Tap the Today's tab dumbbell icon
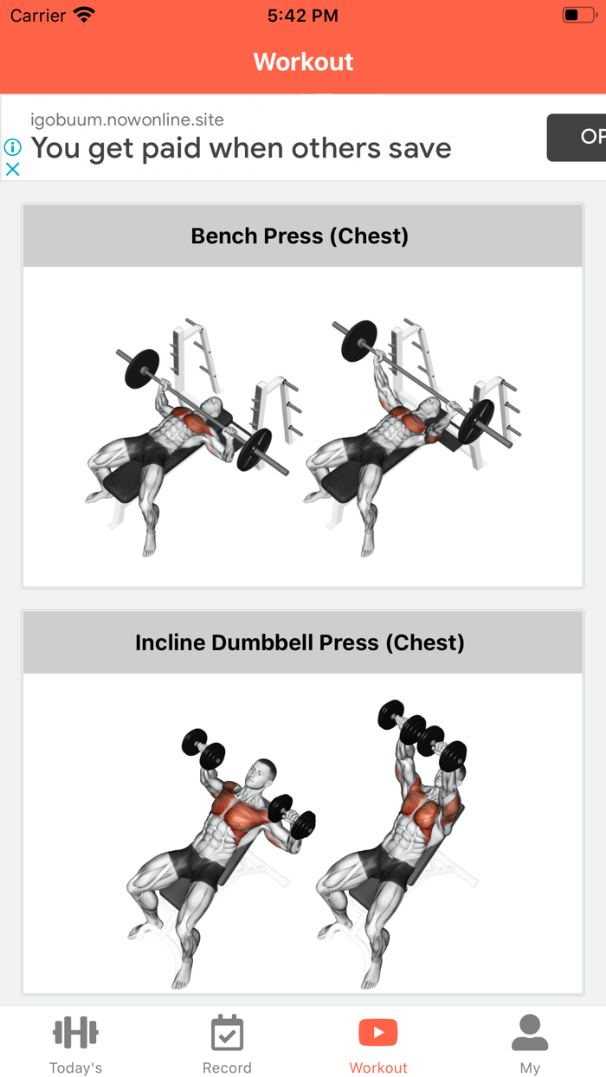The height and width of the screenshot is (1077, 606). (x=75, y=1032)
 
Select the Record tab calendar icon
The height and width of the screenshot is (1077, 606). (x=227, y=1032)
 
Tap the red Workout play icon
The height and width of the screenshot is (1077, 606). (x=378, y=1032)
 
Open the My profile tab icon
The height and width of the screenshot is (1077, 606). (x=530, y=1032)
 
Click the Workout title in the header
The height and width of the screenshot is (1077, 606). (x=303, y=62)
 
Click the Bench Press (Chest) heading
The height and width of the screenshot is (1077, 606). (x=300, y=236)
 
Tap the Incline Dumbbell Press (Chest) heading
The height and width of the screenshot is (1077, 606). (x=300, y=643)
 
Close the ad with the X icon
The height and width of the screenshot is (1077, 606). (x=12, y=169)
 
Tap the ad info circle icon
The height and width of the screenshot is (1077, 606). (x=12, y=147)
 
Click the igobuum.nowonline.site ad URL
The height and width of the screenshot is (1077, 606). (x=127, y=119)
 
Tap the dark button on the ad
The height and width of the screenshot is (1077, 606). (x=577, y=137)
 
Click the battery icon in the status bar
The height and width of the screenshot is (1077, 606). (x=578, y=16)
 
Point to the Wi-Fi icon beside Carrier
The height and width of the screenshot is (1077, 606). (x=84, y=16)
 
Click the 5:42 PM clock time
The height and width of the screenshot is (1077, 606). (x=303, y=16)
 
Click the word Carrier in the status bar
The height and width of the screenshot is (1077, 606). (x=38, y=16)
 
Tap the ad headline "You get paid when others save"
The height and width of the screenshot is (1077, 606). (x=241, y=148)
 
